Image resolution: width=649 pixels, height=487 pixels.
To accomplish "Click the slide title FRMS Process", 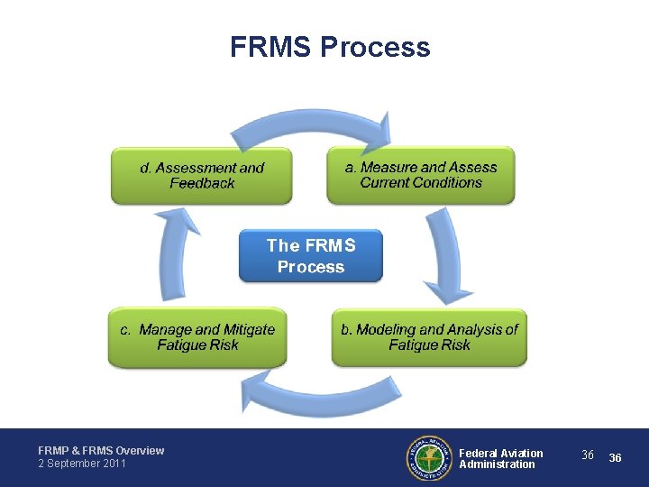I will [x=330, y=47].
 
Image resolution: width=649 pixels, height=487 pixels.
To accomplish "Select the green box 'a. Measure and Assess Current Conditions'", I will [x=420, y=175].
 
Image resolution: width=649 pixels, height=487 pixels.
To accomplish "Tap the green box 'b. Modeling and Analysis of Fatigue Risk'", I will [x=429, y=337].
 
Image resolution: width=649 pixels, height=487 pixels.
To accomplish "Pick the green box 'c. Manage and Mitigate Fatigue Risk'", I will [x=197, y=337].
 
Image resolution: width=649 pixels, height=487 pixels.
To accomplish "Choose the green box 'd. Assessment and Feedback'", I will [x=202, y=175].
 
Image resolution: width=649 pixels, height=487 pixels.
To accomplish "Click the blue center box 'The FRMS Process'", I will [x=311, y=255].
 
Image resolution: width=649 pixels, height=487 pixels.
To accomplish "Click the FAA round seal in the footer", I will [x=428, y=458].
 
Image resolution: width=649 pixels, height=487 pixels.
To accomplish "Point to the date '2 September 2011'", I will [x=82, y=464].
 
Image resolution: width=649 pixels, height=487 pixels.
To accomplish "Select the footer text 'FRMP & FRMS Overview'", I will [x=101, y=450].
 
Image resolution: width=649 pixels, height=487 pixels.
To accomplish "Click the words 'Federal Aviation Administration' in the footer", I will [x=500, y=458].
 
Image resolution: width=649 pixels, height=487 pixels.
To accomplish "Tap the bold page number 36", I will [x=616, y=458].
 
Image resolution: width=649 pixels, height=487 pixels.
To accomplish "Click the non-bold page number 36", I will [x=588, y=455].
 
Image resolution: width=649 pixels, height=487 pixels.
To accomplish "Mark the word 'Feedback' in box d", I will [x=202, y=183].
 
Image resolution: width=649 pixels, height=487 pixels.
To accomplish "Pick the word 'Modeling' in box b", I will [x=385, y=330].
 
